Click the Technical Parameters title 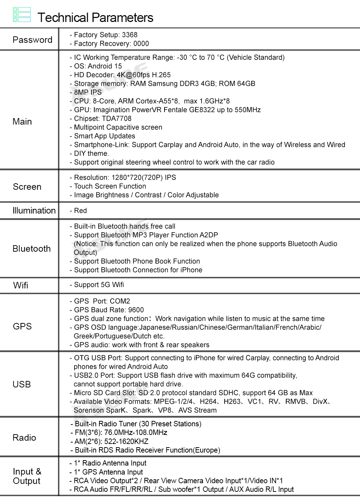point(95,18)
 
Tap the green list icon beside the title point(22,15)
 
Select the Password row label point(32,40)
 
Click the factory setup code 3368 point(130,35)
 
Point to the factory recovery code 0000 point(141,44)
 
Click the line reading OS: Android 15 point(98,66)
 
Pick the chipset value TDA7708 point(117,118)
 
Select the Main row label point(22,121)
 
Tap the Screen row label point(27,187)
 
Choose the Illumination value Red point(80,211)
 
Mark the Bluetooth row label point(32,248)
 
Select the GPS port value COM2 point(120,301)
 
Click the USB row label point(22,384)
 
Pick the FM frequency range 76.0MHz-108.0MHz point(136,432)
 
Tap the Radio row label point(24,437)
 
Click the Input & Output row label point(27,476)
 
